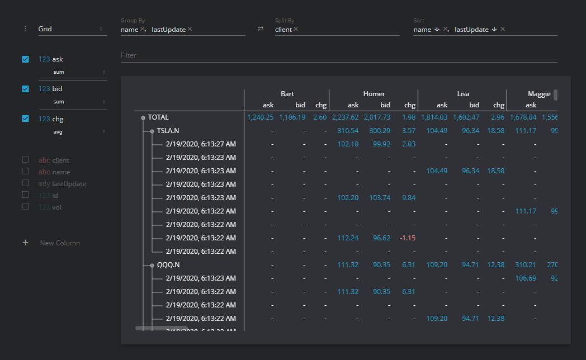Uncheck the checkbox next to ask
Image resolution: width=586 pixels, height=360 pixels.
[x=25, y=59]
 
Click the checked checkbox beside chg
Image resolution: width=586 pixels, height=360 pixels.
[x=25, y=119]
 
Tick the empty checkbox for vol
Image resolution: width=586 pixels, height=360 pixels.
[x=25, y=206]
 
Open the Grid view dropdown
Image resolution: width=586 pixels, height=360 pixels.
[x=70, y=29]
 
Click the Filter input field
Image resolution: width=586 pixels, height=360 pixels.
[x=338, y=55]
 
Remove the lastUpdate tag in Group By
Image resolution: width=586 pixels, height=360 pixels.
[x=190, y=29]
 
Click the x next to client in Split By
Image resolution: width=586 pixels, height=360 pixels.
[x=296, y=29]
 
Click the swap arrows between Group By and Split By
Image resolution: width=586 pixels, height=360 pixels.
[x=260, y=29]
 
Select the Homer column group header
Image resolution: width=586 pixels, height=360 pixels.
[x=374, y=94]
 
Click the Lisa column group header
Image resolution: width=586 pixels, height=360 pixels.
[x=462, y=94]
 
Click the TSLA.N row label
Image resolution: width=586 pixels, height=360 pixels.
[x=168, y=131]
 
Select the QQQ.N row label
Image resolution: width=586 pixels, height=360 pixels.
[x=168, y=265]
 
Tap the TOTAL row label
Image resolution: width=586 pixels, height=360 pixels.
[x=158, y=117]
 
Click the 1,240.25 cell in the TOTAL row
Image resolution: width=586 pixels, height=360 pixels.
[x=260, y=117]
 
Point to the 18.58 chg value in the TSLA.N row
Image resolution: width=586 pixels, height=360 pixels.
[x=495, y=131]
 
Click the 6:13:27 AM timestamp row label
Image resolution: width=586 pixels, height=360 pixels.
[x=201, y=144]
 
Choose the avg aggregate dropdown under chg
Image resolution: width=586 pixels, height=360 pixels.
[x=78, y=131]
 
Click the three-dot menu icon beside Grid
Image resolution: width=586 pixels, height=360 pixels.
[x=25, y=29]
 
